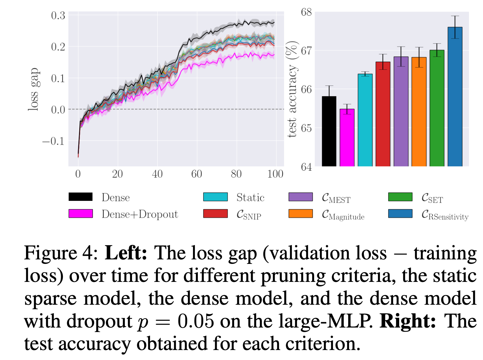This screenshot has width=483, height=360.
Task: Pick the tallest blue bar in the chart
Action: [455, 96]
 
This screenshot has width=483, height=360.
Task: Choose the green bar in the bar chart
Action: [437, 108]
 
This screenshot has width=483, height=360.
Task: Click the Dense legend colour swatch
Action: [81, 197]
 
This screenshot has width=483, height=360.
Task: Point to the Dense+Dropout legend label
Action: [140, 214]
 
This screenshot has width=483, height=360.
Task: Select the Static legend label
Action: [250, 197]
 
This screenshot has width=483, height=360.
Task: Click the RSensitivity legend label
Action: [445, 215]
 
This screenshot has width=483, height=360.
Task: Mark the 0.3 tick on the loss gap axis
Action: [58, 15]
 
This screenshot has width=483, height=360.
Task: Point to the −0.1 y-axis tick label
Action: [54, 141]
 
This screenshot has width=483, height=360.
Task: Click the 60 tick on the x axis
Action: [197, 174]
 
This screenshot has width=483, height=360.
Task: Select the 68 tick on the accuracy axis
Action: [306, 12]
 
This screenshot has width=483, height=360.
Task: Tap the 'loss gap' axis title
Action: [34, 89]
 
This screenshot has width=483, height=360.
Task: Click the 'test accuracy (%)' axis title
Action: [292, 89]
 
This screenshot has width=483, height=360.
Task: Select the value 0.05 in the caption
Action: [196, 321]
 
